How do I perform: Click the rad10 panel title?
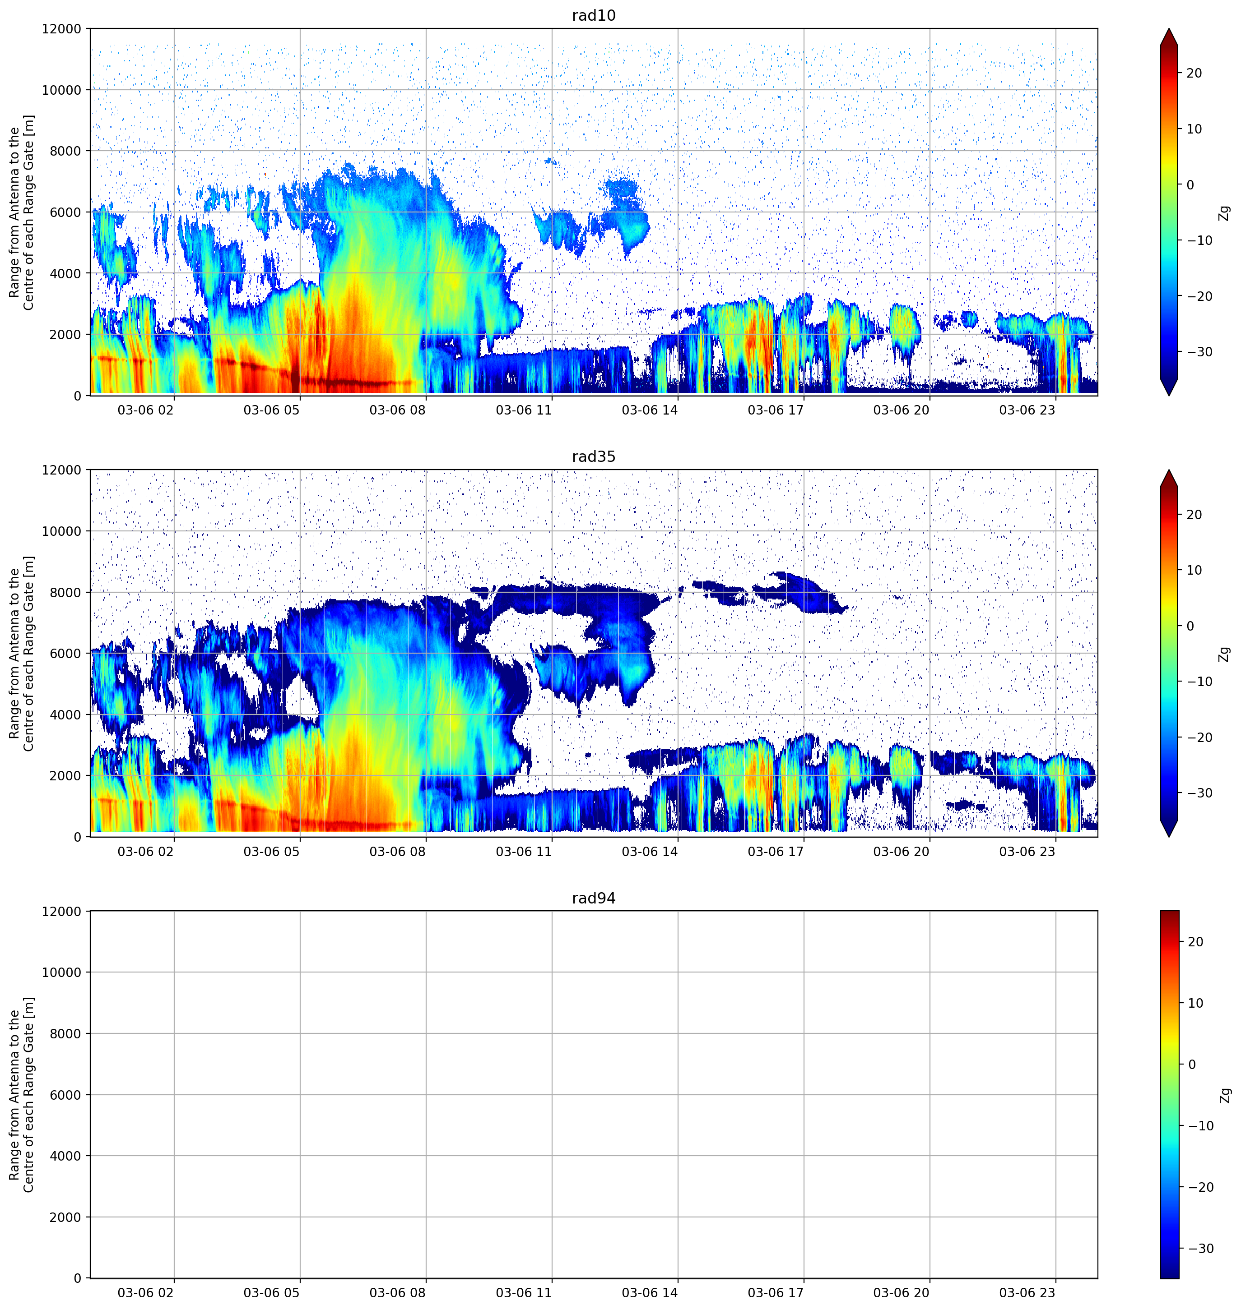(x=593, y=15)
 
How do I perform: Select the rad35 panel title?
(x=593, y=457)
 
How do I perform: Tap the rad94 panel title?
(x=593, y=899)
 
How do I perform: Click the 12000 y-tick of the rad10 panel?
(x=61, y=29)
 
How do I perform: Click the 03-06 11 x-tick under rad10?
(x=523, y=410)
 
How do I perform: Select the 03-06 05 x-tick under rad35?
(x=271, y=852)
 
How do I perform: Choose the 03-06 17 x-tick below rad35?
(x=775, y=852)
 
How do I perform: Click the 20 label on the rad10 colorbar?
(x=1194, y=74)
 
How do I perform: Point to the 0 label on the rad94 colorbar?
(x=1192, y=1065)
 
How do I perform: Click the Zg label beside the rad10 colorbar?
(x=1224, y=213)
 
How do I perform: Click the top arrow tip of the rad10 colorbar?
(x=1169, y=29)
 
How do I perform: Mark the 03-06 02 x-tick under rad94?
(x=145, y=1293)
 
